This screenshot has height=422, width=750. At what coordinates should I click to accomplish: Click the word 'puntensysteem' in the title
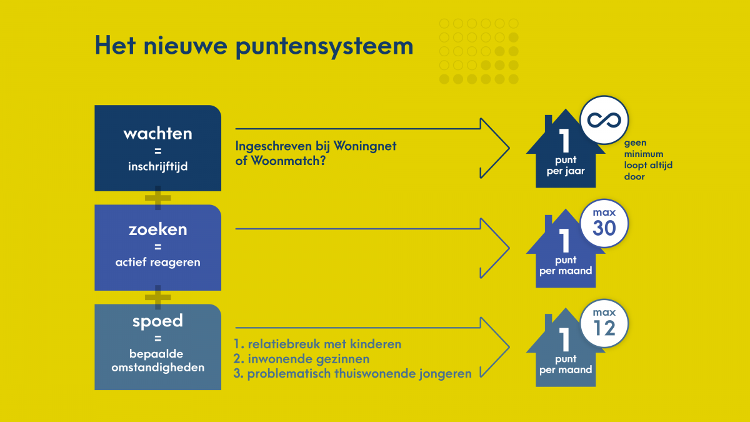pos(324,48)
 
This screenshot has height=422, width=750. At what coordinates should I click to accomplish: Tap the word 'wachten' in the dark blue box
pos(157,134)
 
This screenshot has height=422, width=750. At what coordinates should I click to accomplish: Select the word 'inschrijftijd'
pos(157,166)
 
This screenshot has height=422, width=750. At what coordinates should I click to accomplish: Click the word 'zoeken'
pos(157,229)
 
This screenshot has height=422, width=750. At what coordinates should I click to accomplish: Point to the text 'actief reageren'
pos(157,262)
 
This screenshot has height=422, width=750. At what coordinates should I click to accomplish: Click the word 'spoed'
pos(157,321)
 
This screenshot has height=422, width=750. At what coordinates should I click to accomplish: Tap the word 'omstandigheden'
pos(157,368)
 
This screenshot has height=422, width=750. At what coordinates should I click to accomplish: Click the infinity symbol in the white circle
pos(604,120)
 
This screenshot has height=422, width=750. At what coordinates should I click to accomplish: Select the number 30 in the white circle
pos(604,228)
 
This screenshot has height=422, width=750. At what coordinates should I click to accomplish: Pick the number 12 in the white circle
pos(604,328)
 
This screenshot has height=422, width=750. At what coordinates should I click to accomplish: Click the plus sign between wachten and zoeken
pos(157,198)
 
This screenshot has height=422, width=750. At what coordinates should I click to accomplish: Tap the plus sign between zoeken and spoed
pos(157,298)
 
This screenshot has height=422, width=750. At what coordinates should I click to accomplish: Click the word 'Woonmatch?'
pos(288,161)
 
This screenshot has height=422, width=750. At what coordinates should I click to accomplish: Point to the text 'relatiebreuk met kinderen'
pos(324,344)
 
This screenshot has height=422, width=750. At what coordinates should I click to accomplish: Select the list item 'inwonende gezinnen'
pos(301,359)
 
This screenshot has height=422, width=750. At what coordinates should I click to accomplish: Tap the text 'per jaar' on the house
pos(566,171)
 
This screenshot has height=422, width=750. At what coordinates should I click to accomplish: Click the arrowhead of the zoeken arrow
pos(495,248)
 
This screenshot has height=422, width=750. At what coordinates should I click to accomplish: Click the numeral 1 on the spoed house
pos(565,339)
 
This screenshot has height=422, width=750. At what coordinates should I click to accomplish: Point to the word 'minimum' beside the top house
pos(644,154)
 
